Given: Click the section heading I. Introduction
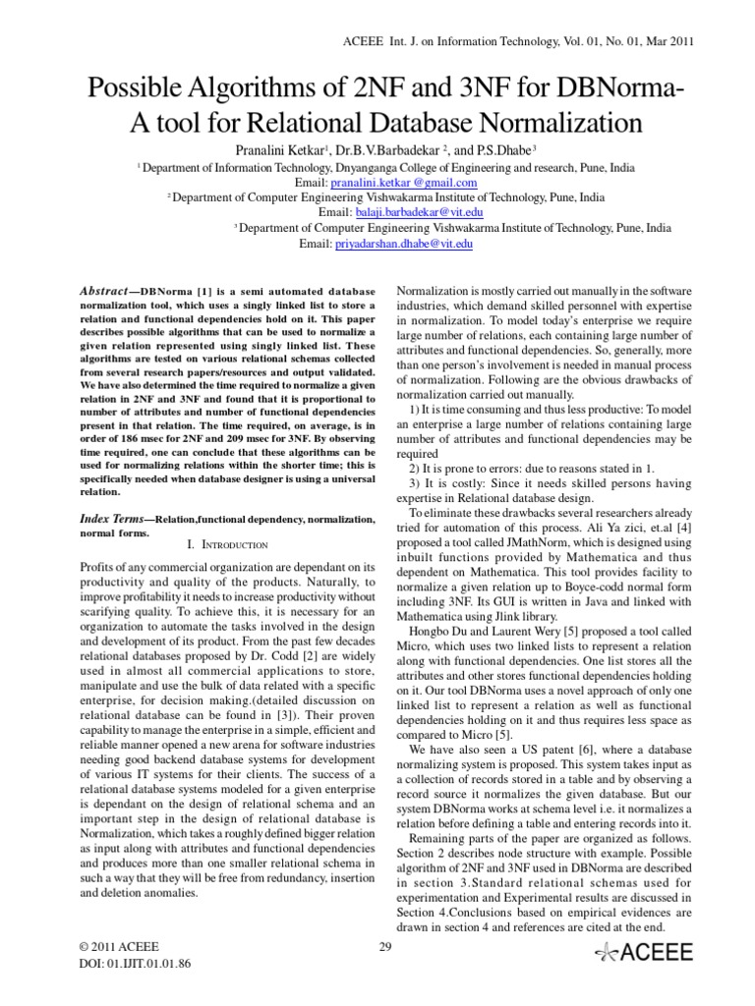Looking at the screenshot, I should click(229, 544).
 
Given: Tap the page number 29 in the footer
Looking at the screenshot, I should click(384, 947).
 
